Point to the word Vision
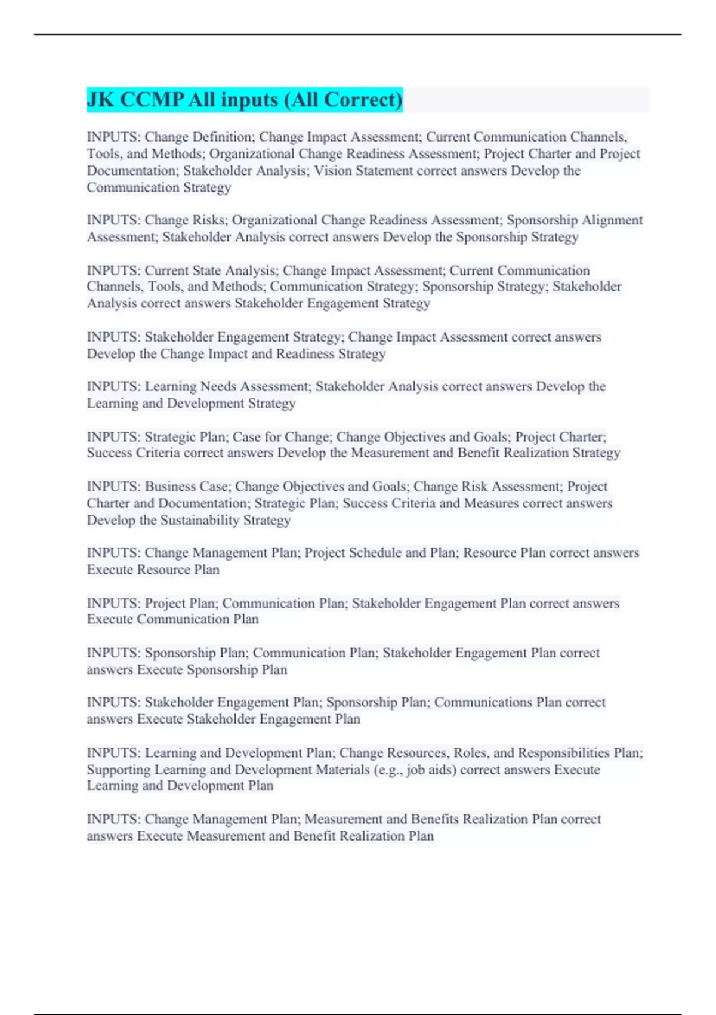click(334, 171)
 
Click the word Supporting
click(119, 770)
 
